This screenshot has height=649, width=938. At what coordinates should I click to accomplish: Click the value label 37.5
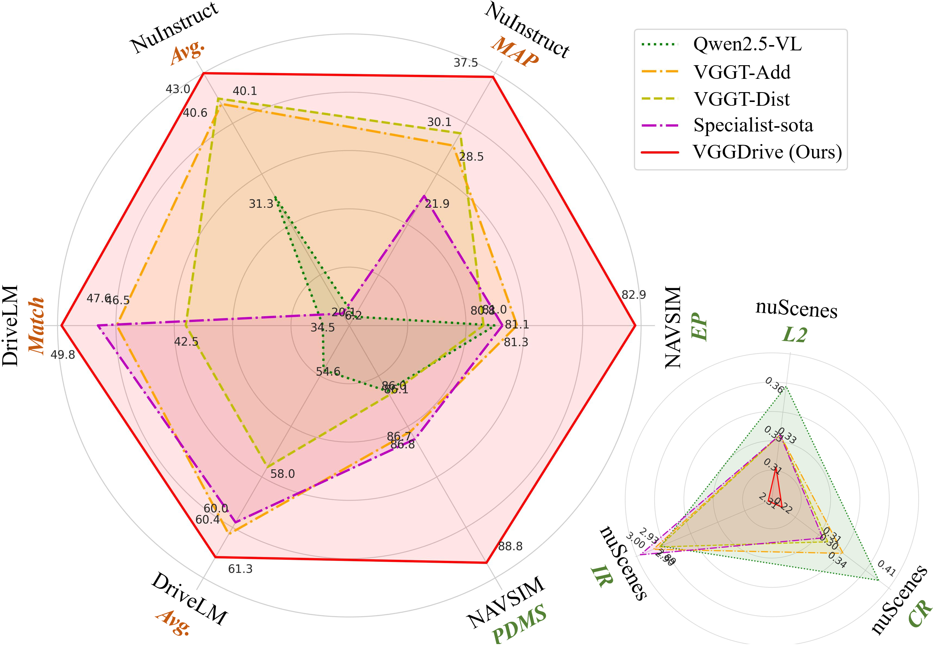coord(466,63)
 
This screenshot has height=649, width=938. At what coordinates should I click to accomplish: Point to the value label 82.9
coord(633,295)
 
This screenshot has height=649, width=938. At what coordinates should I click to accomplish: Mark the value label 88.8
coord(510,546)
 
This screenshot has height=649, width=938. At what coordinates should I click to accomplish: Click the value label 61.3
coord(240,569)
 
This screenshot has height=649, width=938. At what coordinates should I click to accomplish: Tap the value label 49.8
coord(63,355)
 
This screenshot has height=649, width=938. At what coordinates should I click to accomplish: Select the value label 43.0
coord(178,89)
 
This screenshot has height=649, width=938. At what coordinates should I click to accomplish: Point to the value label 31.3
coord(261,204)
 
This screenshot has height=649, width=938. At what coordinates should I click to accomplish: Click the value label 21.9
coord(437,204)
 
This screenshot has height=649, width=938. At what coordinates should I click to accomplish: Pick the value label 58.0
coord(282,474)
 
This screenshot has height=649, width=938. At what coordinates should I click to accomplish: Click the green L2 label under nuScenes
coord(795,335)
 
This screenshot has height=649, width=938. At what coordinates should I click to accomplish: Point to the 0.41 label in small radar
coord(886,568)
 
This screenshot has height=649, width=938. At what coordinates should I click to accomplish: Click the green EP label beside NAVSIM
coord(699,326)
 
